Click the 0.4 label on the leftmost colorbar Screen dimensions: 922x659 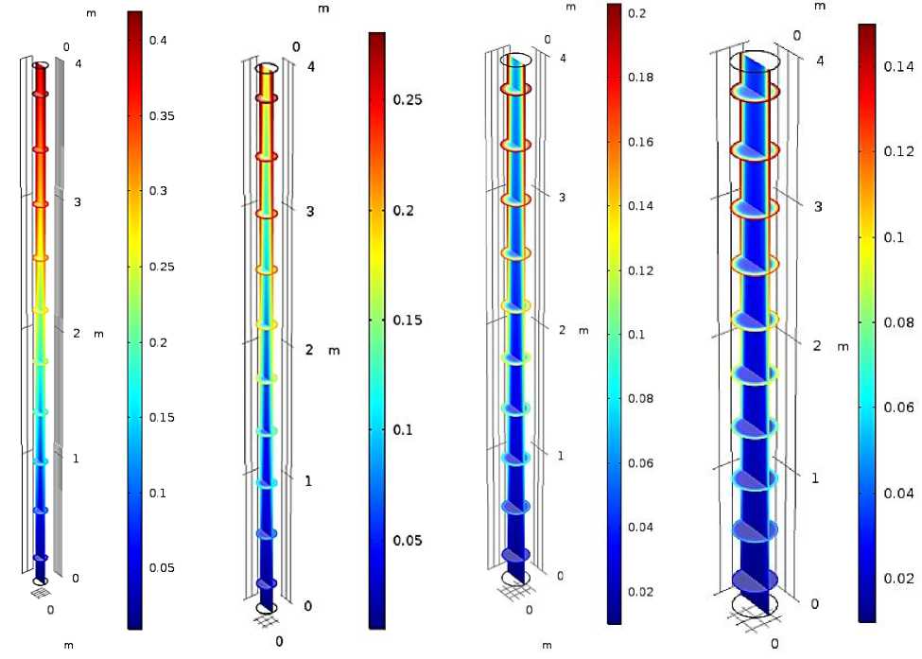tap(158, 40)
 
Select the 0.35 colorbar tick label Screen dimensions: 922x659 tap(162, 115)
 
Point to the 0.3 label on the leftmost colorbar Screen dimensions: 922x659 tap(158, 190)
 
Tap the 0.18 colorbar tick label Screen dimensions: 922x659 tap(640, 77)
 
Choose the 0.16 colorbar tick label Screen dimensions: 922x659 tap(640, 142)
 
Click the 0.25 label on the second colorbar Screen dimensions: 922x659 tap(408, 99)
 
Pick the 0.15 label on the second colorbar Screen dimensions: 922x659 tap(408, 321)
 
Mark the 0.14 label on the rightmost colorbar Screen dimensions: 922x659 tap(898, 66)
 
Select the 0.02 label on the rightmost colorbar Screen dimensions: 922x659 tap(898, 579)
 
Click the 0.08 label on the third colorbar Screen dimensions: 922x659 tap(640, 399)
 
